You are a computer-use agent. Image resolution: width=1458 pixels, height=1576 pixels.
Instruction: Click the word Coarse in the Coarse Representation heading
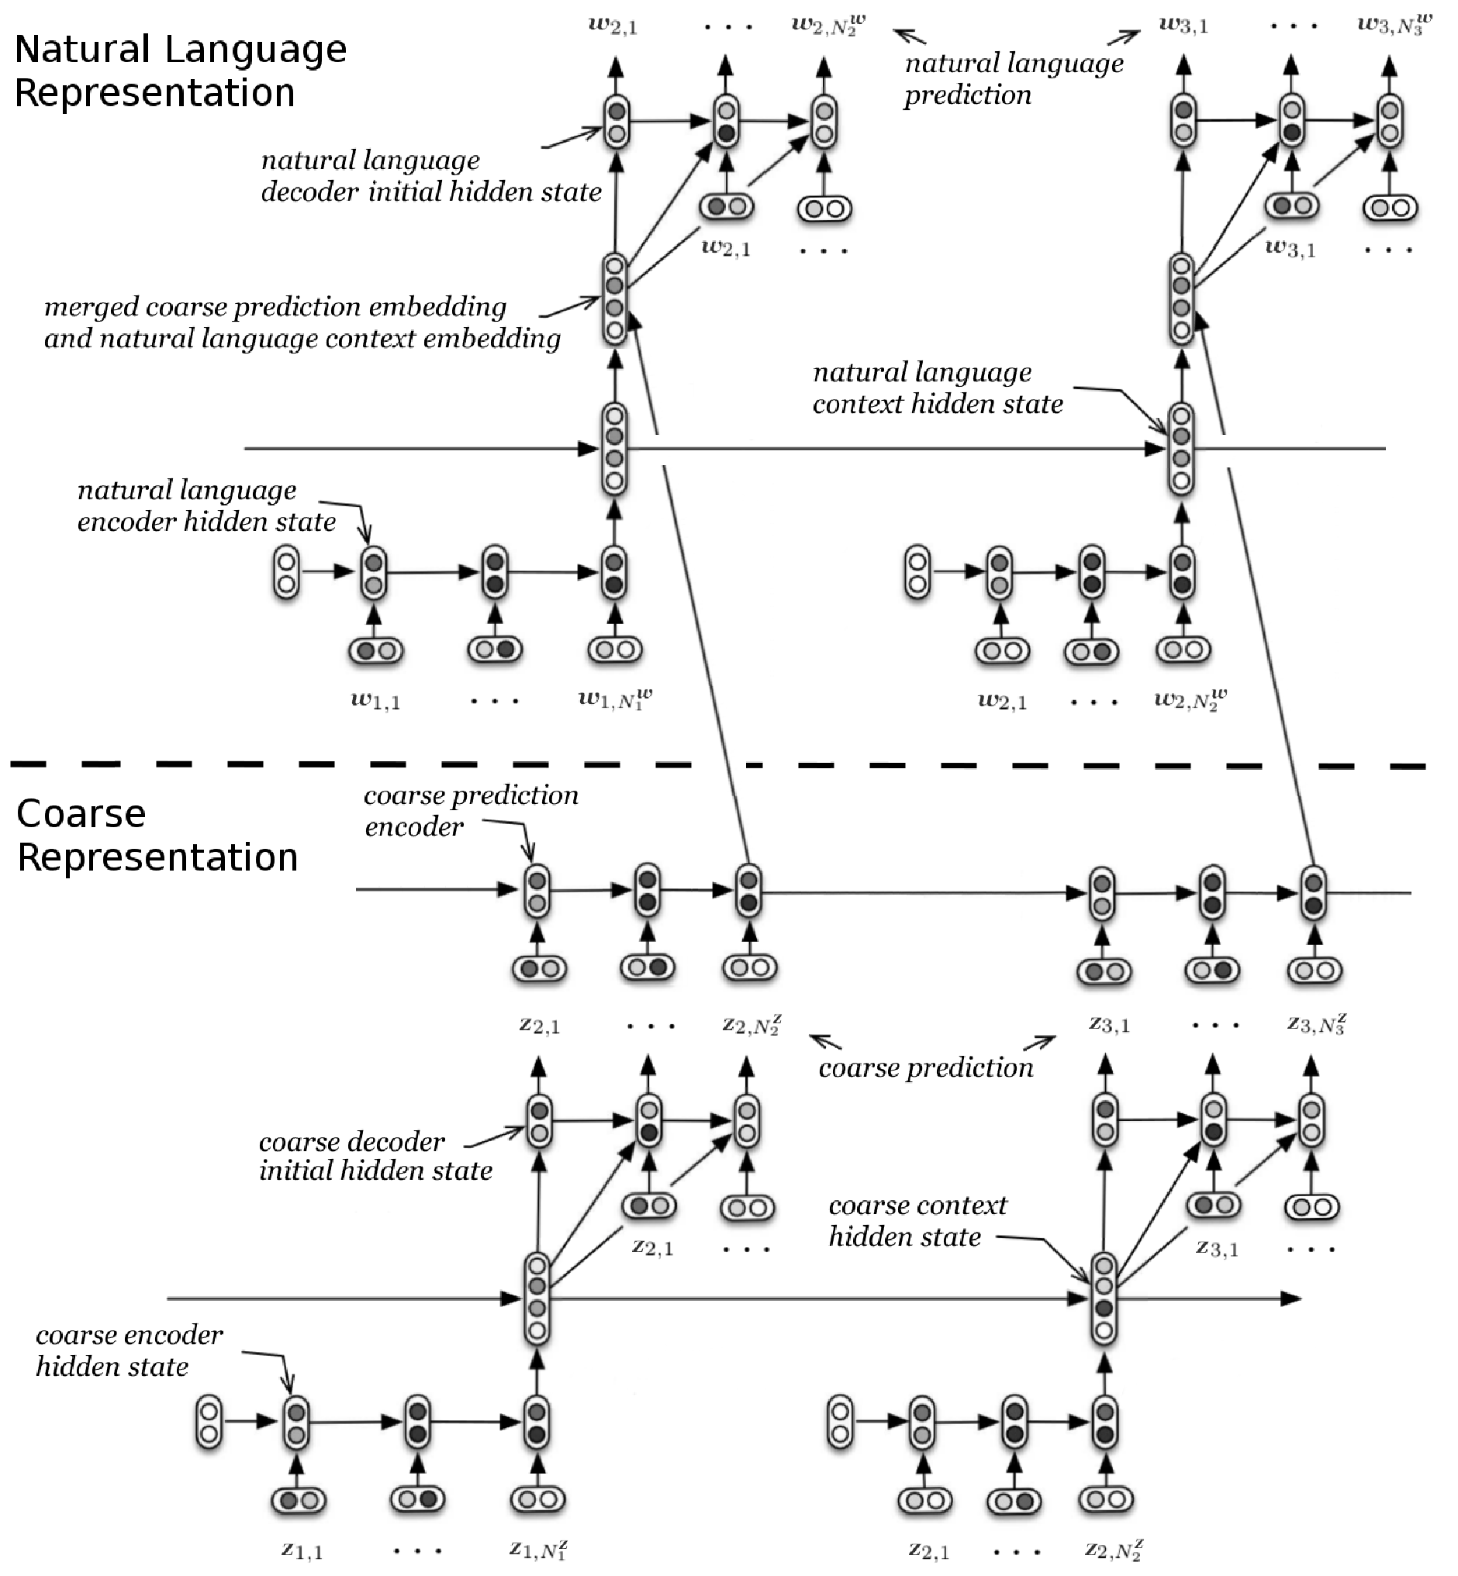[x=81, y=813]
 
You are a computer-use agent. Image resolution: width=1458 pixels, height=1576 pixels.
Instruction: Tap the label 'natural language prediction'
[x=1014, y=79]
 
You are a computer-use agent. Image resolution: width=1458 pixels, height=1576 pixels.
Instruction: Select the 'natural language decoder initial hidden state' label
[x=431, y=176]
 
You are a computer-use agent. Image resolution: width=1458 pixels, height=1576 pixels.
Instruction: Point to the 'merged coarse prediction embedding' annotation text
[x=275, y=306]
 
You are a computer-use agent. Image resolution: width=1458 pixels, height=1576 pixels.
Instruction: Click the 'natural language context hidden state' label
[x=938, y=388]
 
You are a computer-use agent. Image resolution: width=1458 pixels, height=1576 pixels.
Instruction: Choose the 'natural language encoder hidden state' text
[x=207, y=505]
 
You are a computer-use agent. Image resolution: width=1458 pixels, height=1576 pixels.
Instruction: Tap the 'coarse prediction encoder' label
[x=471, y=810]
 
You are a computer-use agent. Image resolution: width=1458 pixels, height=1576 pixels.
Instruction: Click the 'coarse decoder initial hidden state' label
[x=375, y=1156]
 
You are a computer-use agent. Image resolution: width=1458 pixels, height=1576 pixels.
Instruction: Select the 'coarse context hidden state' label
[x=917, y=1220]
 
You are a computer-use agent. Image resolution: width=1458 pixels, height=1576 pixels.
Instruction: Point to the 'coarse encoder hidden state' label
[x=130, y=1350]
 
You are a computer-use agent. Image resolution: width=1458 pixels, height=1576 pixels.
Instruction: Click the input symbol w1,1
[x=375, y=701]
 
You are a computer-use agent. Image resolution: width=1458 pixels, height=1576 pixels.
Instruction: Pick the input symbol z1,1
[x=302, y=1550]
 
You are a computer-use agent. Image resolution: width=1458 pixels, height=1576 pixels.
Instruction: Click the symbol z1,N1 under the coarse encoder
[x=538, y=1549]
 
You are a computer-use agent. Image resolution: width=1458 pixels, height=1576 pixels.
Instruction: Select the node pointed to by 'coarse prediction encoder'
[x=537, y=891]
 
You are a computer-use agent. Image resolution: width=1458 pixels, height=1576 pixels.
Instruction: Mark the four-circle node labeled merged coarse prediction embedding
[x=614, y=299]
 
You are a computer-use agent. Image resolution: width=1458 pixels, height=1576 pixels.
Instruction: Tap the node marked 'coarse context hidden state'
[x=1104, y=1298]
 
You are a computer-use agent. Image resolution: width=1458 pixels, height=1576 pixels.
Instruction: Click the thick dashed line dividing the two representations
[x=718, y=764]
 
